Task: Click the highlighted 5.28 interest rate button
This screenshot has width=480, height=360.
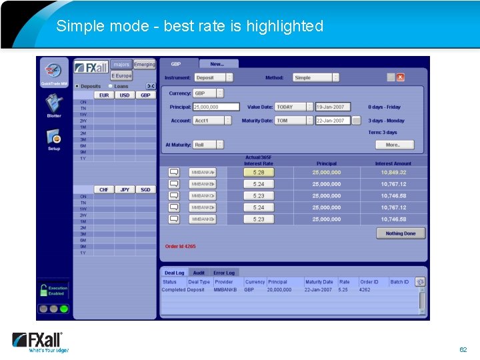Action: [x=259, y=172]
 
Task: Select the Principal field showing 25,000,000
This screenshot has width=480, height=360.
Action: [x=216, y=107]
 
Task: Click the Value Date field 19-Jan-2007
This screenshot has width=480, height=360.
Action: [x=333, y=107]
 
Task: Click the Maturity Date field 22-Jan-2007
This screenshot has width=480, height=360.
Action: [x=333, y=121]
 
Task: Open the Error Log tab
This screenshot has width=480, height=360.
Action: [x=224, y=273]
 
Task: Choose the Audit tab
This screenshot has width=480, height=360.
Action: [x=199, y=273]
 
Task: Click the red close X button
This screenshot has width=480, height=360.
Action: [x=401, y=77]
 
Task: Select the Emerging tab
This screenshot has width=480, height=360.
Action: [x=144, y=65]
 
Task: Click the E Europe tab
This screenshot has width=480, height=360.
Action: [x=121, y=76]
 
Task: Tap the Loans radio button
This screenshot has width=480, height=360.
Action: [x=111, y=86]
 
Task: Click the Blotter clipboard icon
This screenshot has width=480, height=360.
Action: [x=54, y=104]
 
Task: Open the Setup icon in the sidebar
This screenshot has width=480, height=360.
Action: [x=54, y=138]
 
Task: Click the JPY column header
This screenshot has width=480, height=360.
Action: [x=125, y=189]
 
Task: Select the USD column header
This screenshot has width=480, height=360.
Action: [x=125, y=95]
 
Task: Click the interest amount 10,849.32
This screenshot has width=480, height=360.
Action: [x=393, y=173]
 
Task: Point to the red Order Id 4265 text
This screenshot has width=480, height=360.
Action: [x=181, y=247]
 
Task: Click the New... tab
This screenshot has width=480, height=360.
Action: [x=217, y=64]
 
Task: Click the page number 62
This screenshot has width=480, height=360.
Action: [x=463, y=349]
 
